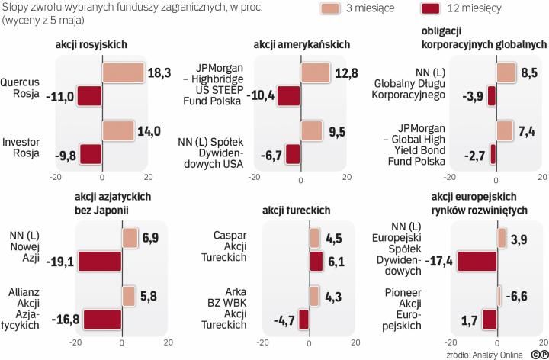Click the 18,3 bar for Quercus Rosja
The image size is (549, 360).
coord(122,72)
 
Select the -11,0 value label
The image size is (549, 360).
coord(61,96)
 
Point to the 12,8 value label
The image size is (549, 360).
coord(345,72)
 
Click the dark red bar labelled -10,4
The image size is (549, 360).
coord(289,96)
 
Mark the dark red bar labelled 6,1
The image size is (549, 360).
coord(316,262)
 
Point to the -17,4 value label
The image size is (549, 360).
coord(440,262)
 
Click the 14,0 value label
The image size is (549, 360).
coord(149,130)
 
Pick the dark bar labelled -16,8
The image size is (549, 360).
coord(102,319)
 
